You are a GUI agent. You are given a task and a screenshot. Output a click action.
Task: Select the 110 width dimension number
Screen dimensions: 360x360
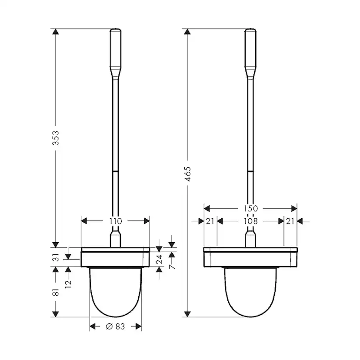click(115, 221)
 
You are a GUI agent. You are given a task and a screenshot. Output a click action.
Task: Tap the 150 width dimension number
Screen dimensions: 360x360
click(250, 209)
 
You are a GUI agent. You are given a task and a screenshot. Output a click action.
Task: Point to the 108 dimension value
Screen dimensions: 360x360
click(250, 221)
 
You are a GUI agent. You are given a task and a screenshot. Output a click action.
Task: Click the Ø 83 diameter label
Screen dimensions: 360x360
click(115, 327)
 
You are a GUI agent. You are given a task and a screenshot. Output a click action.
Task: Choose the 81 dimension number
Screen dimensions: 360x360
click(56, 293)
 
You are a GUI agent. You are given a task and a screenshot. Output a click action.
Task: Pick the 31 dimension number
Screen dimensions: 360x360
click(56, 258)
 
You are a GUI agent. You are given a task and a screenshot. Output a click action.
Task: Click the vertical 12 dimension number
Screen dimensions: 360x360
click(69, 283)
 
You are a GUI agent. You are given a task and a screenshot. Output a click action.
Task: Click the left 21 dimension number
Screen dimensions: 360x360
click(210, 221)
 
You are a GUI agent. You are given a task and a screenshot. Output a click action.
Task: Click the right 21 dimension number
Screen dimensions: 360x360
click(290, 221)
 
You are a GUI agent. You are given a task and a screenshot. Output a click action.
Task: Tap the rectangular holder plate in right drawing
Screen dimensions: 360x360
click(250, 257)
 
